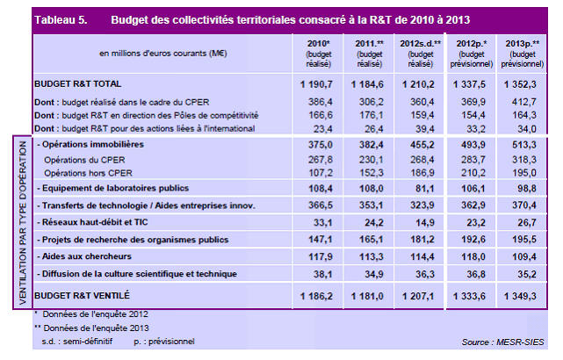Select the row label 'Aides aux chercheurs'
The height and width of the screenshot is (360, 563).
84,256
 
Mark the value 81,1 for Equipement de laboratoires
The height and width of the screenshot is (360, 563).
422,188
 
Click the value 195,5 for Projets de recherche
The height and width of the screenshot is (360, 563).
523,239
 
